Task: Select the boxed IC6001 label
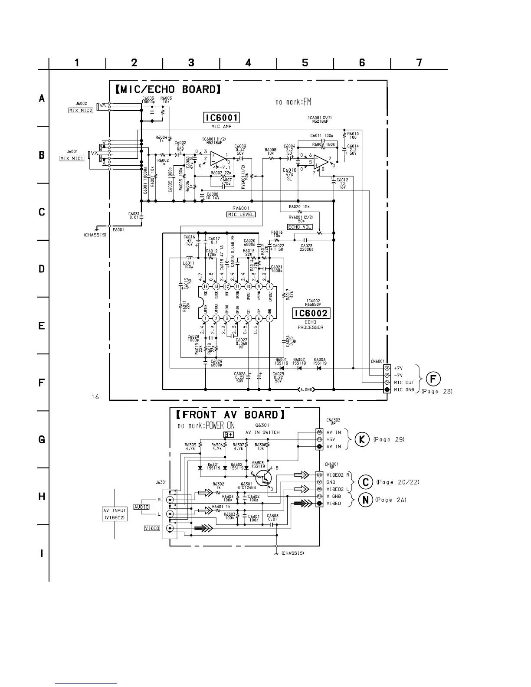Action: tap(222, 118)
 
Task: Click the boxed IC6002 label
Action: tap(311, 313)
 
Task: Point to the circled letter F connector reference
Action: tap(433, 379)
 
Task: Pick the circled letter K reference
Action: tap(362, 439)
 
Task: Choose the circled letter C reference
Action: tap(366, 482)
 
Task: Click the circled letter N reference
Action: tap(366, 500)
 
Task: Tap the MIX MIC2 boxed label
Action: tap(81, 110)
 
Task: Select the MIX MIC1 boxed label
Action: tap(72, 158)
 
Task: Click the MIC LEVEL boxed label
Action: tap(241, 214)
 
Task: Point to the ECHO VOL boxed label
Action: tap(300, 227)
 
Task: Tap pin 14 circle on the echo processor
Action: tap(205, 286)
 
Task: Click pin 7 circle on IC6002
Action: tap(269, 319)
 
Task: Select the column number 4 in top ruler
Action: tap(248, 63)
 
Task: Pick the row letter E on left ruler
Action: tap(42, 326)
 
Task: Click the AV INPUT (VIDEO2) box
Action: tap(115, 514)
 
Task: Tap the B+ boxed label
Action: tap(229, 435)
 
